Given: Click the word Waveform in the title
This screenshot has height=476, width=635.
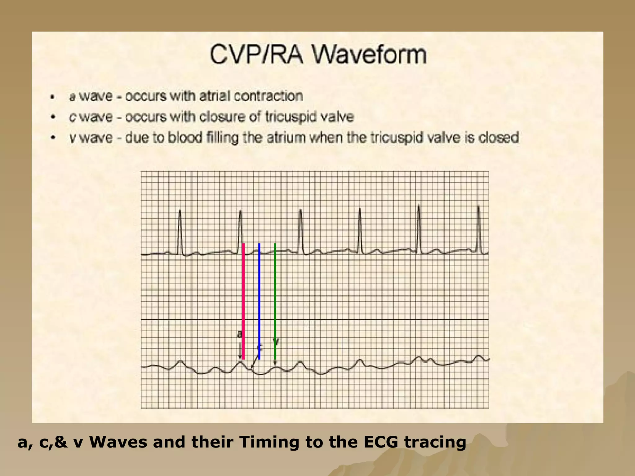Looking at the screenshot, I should click(369, 55).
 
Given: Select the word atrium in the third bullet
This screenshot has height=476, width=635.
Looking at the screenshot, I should click(286, 138).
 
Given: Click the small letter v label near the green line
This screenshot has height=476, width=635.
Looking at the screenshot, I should click(276, 341).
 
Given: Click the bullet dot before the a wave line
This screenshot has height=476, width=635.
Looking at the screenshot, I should click(53, 97).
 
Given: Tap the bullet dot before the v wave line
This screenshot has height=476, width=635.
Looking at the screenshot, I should click(53, 138).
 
